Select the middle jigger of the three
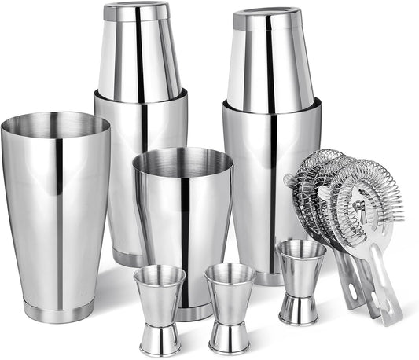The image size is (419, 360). [x=230, y=307]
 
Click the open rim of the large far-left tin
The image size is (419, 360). [x=55, y=124]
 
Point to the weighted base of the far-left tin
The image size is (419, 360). [x=58, y=310]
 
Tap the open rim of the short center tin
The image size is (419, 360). [x=183, y=160]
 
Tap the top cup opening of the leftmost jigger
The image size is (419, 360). [x=159, y=274]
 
